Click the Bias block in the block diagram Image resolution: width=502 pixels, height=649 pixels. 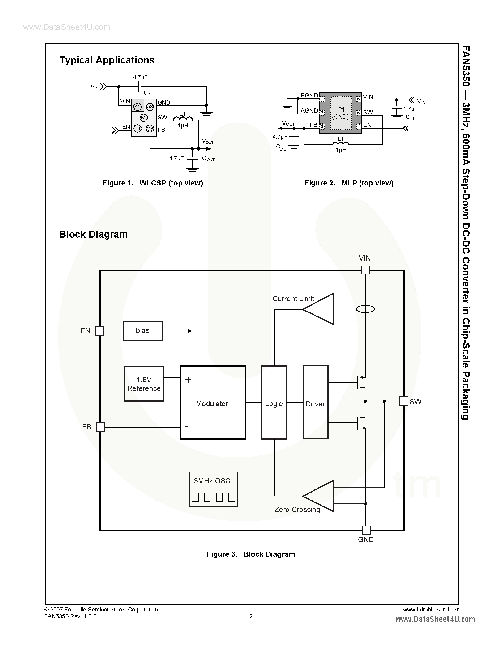(143, 331)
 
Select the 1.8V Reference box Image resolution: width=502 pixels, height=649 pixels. (144, 384)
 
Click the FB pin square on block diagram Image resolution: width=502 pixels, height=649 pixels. (100, 427)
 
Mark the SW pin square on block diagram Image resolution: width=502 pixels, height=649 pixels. (403, 401)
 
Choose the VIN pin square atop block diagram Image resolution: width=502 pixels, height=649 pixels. (365, 270)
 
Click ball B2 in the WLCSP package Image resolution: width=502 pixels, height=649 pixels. (144, 118)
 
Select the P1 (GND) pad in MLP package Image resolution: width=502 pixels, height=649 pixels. (340, 113)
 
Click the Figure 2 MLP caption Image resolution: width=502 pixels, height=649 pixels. (349, 183)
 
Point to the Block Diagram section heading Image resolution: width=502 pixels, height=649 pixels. (93, 234)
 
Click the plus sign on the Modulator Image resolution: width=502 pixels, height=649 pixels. (188, 379)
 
